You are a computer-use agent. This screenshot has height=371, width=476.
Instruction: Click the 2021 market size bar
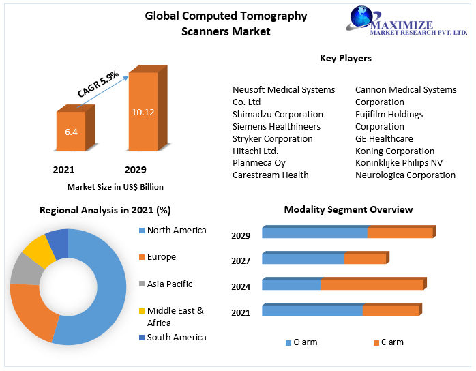click(x=71, y=131)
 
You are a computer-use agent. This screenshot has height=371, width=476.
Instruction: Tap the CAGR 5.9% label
click(x=98, y=84)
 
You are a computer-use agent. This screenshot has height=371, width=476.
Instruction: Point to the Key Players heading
click(x=346, y=59)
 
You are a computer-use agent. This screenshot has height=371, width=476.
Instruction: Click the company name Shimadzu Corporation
click(x=278, y=115)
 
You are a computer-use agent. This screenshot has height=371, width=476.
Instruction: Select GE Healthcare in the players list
click(x=384, y=139)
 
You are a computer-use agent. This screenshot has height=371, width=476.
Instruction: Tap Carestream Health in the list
click(x=271, y=175)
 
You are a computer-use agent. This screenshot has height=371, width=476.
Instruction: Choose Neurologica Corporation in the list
click(x=405, y=175)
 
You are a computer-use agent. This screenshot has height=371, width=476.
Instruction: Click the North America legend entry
click(x=176, y=231)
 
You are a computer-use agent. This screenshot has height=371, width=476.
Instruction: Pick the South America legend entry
click(x=176, y=338)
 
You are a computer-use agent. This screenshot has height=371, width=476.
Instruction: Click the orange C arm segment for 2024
click(x=372, y=284)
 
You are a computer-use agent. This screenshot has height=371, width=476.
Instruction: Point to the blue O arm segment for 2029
click(x=314, y=233)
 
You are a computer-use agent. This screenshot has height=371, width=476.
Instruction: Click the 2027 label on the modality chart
click(x=241, y=261)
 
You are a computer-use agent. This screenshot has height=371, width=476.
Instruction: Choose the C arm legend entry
click(x=388, y=342)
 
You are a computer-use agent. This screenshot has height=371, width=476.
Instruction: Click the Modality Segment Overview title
click(x=348, y=210)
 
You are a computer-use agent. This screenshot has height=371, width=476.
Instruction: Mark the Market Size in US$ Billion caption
click(x=115, y=187)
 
